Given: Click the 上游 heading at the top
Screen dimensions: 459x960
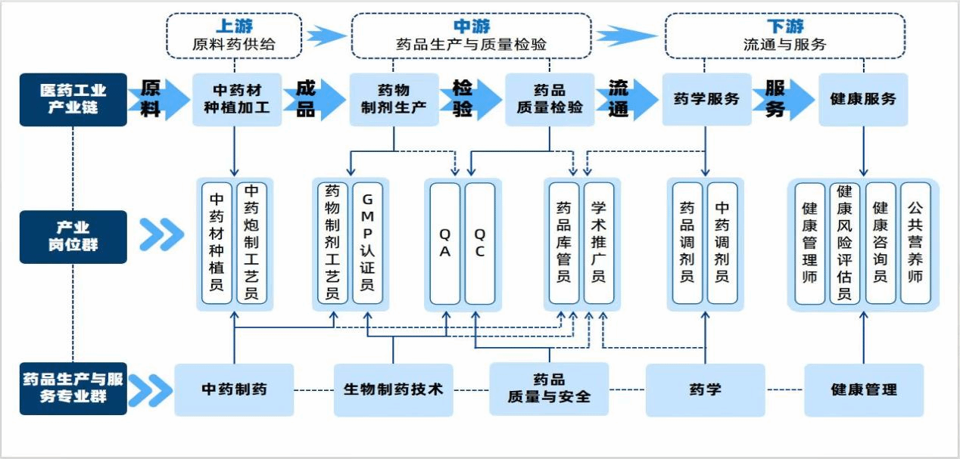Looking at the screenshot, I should pos(234,26).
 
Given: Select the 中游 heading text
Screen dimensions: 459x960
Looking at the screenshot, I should pos(471,26).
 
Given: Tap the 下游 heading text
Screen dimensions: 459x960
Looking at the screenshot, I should pos(784,26).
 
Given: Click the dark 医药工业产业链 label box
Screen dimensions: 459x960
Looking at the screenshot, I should pos(73,99).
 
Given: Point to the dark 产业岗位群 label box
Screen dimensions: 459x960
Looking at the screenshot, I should pos(73,237).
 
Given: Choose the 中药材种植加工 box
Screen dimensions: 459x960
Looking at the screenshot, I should pos(237,99).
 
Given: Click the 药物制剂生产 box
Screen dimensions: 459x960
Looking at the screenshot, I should pos(394,99).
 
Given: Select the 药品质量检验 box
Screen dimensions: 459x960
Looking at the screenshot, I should pos(550,99).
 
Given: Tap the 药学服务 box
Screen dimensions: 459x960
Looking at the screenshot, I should pos(706,99).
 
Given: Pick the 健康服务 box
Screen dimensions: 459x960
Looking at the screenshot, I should pos(863,99).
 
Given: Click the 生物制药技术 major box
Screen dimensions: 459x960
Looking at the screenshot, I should pos(394,389).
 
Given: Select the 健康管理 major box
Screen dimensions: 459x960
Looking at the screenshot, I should pos(864,389).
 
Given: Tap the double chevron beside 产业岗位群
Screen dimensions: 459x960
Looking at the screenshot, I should pos(161,236).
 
